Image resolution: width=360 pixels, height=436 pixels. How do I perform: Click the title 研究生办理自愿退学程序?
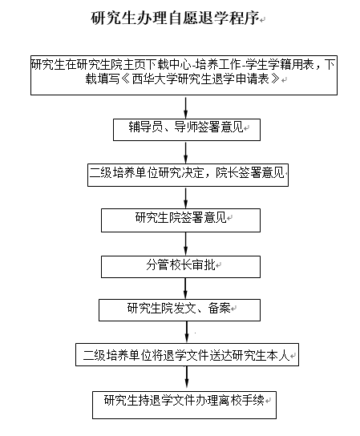pos(175,18)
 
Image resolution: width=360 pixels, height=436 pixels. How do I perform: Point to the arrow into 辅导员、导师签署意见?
pos(185,107)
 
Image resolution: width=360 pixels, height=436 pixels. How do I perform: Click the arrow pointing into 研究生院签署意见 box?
pos(185,198)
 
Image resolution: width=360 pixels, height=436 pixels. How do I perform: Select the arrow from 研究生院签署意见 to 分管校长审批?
pos(185,244)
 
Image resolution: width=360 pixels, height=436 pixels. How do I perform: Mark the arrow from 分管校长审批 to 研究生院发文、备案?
pos(185,289)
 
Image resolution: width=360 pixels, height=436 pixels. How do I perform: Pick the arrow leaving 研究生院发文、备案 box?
pos(187,333)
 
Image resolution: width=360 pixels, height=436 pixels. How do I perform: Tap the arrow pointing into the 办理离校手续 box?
pos(187,379)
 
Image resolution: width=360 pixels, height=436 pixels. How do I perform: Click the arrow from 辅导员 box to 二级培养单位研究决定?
pos(185,152)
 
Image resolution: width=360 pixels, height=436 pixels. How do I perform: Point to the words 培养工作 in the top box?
pos(217,65)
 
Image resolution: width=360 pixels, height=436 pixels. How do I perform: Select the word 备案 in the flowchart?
pos(219,308)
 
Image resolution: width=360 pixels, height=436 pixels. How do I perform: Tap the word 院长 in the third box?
pos(227,172)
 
